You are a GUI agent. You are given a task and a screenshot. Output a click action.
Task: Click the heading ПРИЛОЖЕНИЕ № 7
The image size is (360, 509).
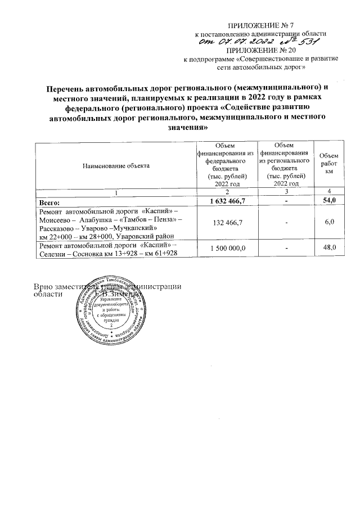click(x=260, y=26)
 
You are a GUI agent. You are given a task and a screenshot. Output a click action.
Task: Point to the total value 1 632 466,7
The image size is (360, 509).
click(x=226, y=200)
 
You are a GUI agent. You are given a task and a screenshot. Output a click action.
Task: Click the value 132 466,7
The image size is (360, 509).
click(x=226, y=224)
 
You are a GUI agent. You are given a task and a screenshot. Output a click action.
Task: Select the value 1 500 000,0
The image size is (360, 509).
click(x=226, y=247)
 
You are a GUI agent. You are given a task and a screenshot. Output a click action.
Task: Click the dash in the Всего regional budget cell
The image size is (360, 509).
click(x=286, y=200)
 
